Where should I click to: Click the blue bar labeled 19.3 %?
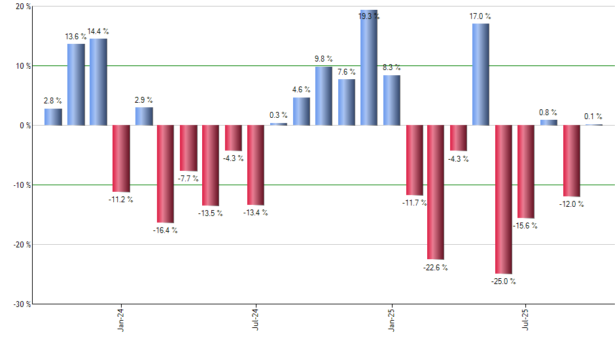pos(369,68)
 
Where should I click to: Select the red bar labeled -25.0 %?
pos(504,199)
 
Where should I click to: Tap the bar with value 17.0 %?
pos(481,75)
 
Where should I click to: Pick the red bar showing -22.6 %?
pos(436,192)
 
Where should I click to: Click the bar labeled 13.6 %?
pos(76,84)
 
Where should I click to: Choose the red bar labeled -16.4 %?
pos(165,173)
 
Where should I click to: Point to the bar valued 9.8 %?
pos(324,96)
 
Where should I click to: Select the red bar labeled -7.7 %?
pos(188,148)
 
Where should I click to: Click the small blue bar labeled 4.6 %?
pos(302,111)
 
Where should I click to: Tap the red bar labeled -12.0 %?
pos(572,160)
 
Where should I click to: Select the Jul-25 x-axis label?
pos(526,319)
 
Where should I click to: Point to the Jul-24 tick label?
pos(255,319)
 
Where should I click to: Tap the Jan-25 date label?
pos(391,319)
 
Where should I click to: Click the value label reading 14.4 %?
pos(98,31)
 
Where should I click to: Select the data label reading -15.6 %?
pos(526,226)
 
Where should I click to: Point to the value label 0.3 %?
pos(279,115)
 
